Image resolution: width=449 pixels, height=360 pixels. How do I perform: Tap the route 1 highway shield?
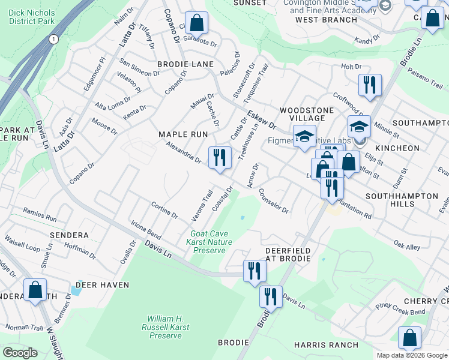(x=54, y=39)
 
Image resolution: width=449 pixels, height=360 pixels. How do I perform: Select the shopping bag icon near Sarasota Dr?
(x=196, y=24)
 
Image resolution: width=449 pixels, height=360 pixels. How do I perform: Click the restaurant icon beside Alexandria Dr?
(x=220, y=158)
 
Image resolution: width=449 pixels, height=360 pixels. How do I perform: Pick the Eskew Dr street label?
(x=261, y=120)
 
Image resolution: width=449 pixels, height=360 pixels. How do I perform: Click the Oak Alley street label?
(x=407, y=245)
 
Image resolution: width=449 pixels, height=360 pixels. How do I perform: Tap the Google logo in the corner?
(x=20, y=353)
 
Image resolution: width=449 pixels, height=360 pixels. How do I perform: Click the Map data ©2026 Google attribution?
(x=412, y=355)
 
